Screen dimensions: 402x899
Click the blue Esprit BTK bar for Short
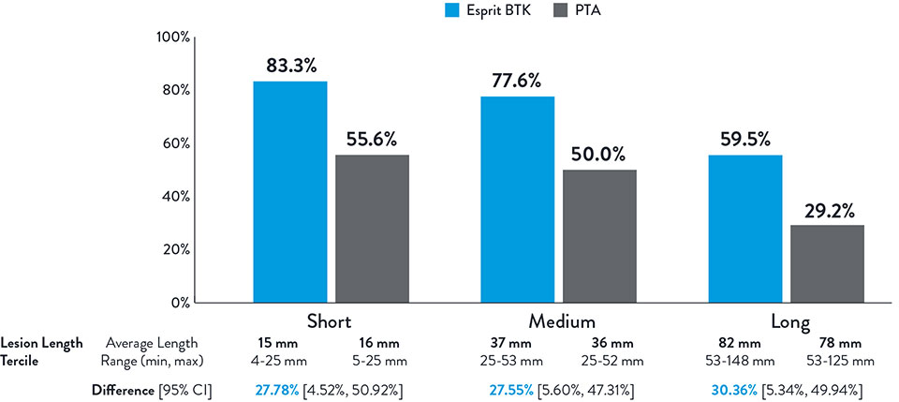[290, 192]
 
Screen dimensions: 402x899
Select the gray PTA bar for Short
[372, 229]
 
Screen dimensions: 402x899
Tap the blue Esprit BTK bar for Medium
[517, 200]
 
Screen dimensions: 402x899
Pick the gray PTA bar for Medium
[599, 236]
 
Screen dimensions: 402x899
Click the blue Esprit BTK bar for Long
[745, 224]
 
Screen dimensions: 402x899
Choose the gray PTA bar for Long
[827, 263]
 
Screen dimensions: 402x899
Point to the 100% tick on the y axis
[173, 37]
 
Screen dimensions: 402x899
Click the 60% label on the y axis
[176, 143]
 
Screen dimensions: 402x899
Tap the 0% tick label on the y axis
[180, 303]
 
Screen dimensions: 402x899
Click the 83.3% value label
[289, 65]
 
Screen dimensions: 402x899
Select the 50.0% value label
[599, 154]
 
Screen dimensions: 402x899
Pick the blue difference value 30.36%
[732, 388]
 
